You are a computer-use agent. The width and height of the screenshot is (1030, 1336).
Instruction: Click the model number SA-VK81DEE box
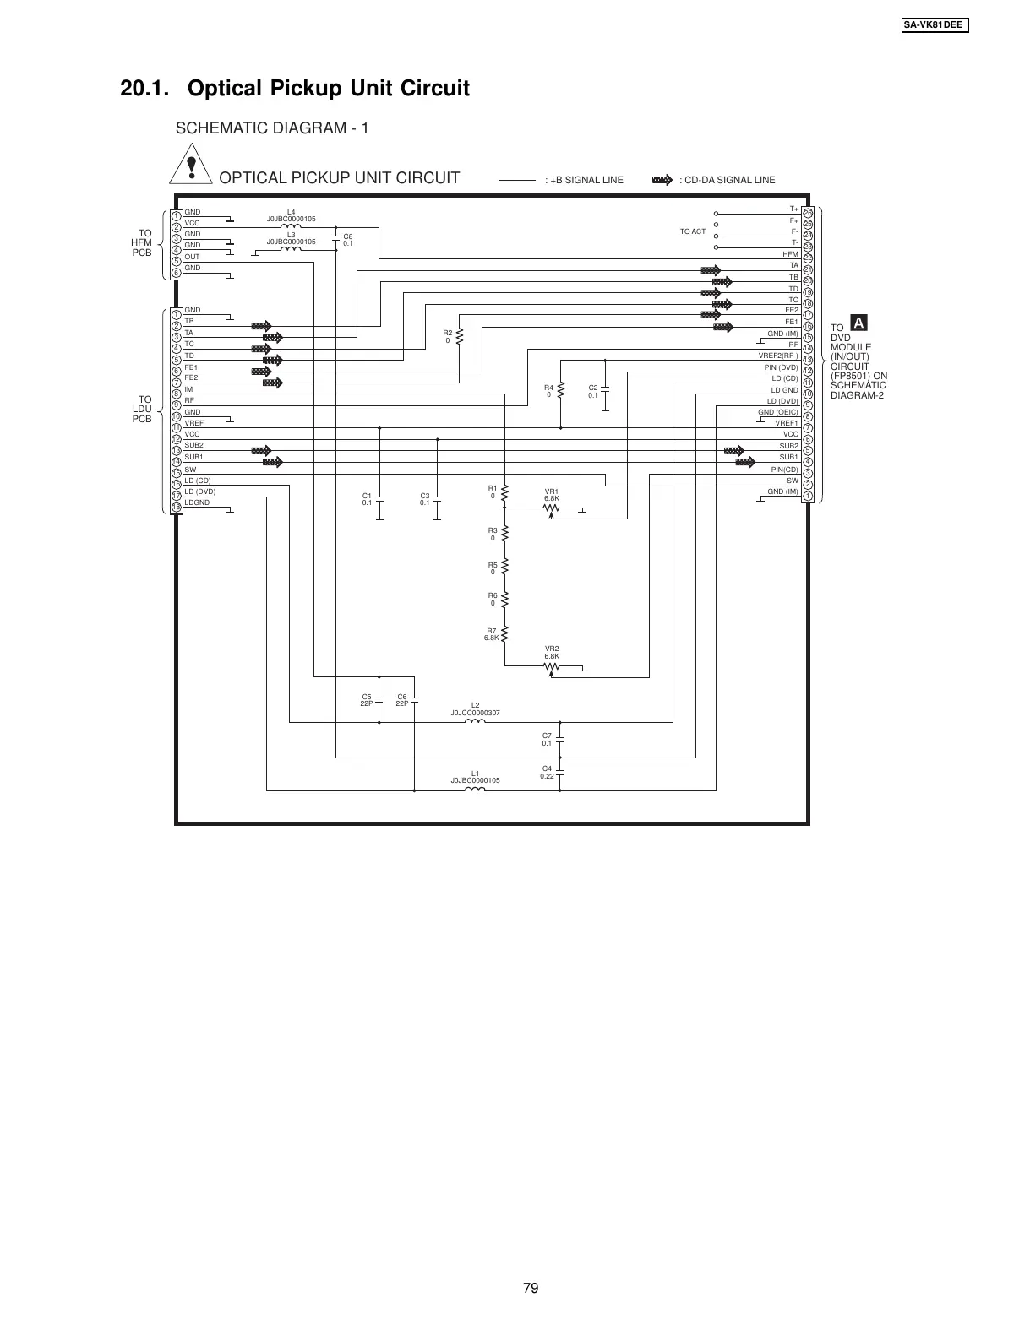(933, 24)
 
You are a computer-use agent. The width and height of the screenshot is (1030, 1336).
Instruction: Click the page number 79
(531, 1288)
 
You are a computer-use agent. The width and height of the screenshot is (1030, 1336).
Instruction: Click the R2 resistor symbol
(460, 337)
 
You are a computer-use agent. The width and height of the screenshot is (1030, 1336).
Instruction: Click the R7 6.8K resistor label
(492, 634)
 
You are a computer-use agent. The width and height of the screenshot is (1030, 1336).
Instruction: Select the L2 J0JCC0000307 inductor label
(475, 709)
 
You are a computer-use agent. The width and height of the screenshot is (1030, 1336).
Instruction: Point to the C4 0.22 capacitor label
(547, 772)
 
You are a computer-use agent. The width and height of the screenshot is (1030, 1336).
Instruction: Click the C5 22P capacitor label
(367, 699)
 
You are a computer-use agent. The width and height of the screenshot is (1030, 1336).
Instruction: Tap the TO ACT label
(692, 231)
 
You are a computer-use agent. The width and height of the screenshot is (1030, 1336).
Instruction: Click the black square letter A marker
(858, 323)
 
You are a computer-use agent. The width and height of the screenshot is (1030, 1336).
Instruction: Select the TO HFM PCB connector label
(141, 242)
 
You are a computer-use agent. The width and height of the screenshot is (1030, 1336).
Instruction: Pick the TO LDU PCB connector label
(141, 409)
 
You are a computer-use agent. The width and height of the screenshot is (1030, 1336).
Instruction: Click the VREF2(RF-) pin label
(777, 356)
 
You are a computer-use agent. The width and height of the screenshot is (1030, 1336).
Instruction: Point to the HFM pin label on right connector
(790, 254)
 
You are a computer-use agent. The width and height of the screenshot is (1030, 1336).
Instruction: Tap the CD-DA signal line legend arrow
(662, 179)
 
